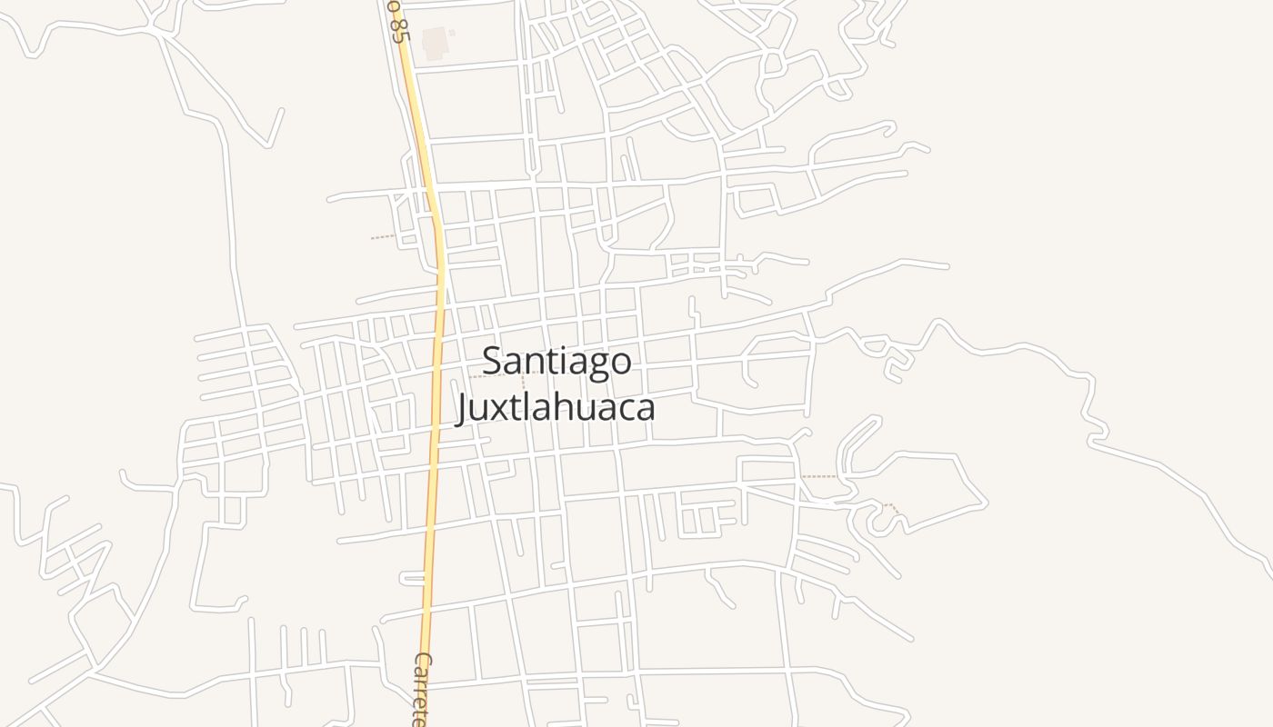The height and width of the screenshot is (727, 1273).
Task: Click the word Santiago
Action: (x=556, y=361)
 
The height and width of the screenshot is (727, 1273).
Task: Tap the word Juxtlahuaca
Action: (x=556, y=406)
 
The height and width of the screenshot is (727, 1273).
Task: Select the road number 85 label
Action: (x=395, y=20)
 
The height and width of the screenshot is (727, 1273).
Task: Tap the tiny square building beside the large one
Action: (x=452, y=34)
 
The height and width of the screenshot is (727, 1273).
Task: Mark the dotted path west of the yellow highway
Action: (x=383, y=238)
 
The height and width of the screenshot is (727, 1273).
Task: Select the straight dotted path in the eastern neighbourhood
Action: (x=819, y=476)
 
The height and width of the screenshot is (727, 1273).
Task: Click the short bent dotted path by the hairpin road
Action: (x=893, y=508)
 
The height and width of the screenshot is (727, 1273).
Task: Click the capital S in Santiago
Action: (x=492, y=361)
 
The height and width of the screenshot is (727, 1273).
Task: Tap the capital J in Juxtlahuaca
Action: (x=462, y=408)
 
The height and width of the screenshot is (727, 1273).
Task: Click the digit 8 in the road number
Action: (x=395, y=33)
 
